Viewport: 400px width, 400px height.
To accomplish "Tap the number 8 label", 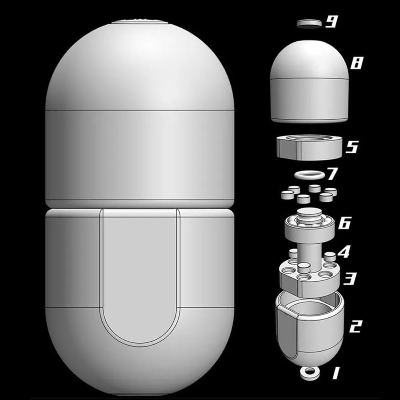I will [356, 63].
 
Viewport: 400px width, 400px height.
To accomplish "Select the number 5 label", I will [351, 147].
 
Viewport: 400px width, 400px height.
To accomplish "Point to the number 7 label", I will [332, 174].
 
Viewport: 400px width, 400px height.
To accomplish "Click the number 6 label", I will [344, 223].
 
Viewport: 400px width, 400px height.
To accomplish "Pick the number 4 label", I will [344, 252].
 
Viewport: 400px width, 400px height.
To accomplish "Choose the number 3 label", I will [350, 278].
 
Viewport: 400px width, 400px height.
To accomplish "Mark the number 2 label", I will [355, 326].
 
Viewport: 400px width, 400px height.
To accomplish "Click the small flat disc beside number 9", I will [309, 24].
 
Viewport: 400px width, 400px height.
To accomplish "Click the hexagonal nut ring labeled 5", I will [309, 147].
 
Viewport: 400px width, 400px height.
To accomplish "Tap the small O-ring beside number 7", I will [307, 175].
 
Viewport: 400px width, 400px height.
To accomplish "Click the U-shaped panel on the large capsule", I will [139, 276].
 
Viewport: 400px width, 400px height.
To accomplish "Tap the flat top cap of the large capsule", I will [139, 22].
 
